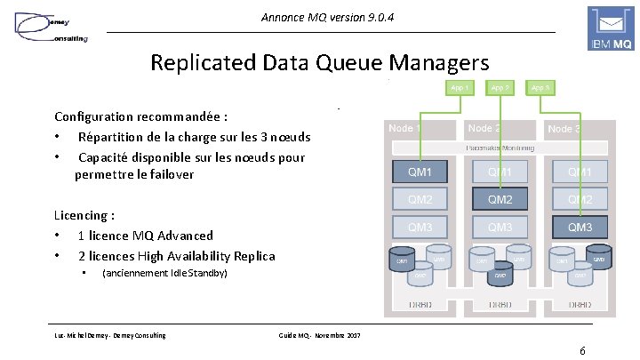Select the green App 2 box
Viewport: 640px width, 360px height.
coord(500,88)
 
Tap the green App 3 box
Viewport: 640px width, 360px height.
coord(540,88)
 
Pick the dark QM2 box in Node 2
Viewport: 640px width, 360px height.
coord(500,199)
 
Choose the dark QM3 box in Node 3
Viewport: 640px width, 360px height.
coord(580,228)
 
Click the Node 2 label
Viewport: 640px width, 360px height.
coord(484,129)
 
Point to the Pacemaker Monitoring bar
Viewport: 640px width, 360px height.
coord(500,148)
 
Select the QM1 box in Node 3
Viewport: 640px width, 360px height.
coord(580,171)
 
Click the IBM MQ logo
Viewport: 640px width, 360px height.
coord(612,28)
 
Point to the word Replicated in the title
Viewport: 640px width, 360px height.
coord(201,63)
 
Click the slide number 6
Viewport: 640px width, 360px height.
coord(581,349)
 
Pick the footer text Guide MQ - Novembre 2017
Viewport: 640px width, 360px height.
coord(320,334)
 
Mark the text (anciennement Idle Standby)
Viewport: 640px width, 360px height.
coord(164,274)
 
